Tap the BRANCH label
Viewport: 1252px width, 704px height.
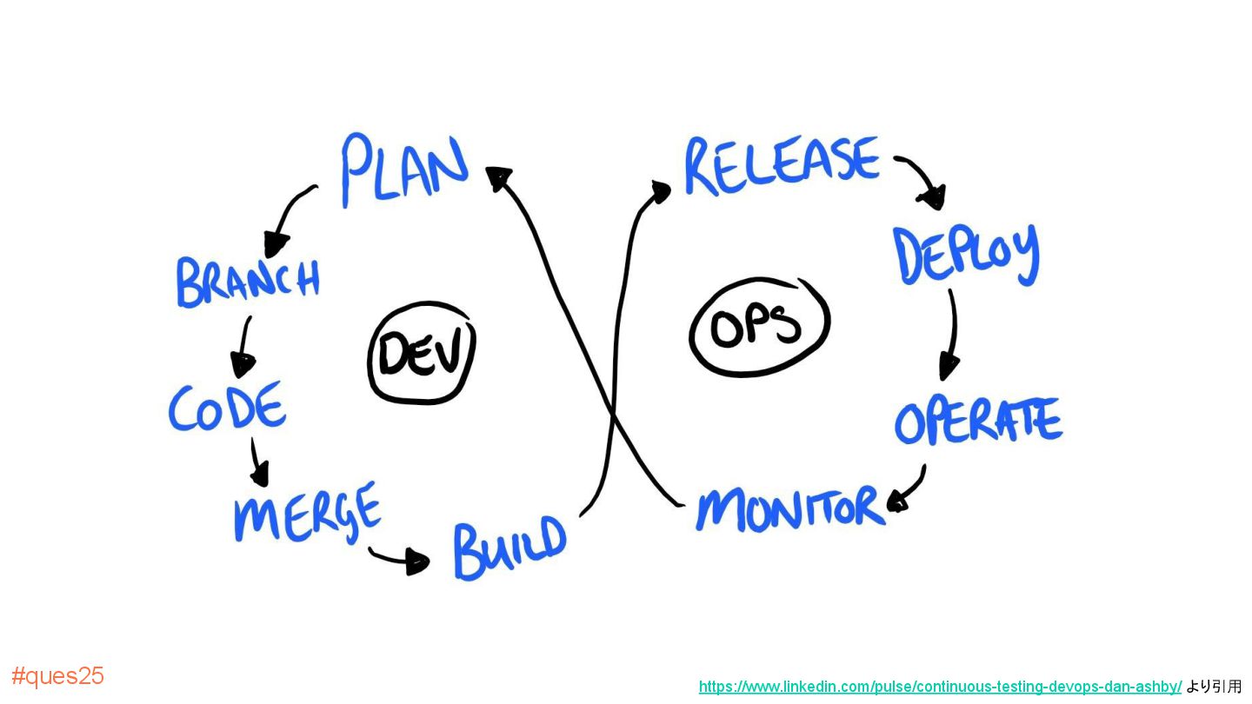click(x=248, y=281)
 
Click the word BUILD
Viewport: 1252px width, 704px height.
click(x=509, y=548)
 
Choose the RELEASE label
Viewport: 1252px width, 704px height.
click(x=782, y=164)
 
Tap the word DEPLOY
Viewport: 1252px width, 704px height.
click(x=967, y=254)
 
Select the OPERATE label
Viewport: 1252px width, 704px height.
click(x=978, y=422)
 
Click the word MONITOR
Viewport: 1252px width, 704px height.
click(x=789, y=508)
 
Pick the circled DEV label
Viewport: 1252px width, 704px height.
click(x=422, y=353)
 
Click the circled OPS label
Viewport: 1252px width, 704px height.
click(x=758, y=327)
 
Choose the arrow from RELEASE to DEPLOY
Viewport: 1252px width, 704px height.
click(x=922, y=179)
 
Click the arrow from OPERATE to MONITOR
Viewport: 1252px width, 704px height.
click(x=909, y=488)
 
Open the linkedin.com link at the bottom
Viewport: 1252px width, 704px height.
click(x=940, y=687)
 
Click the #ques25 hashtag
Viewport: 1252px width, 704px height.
click(x=57, y=676)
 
